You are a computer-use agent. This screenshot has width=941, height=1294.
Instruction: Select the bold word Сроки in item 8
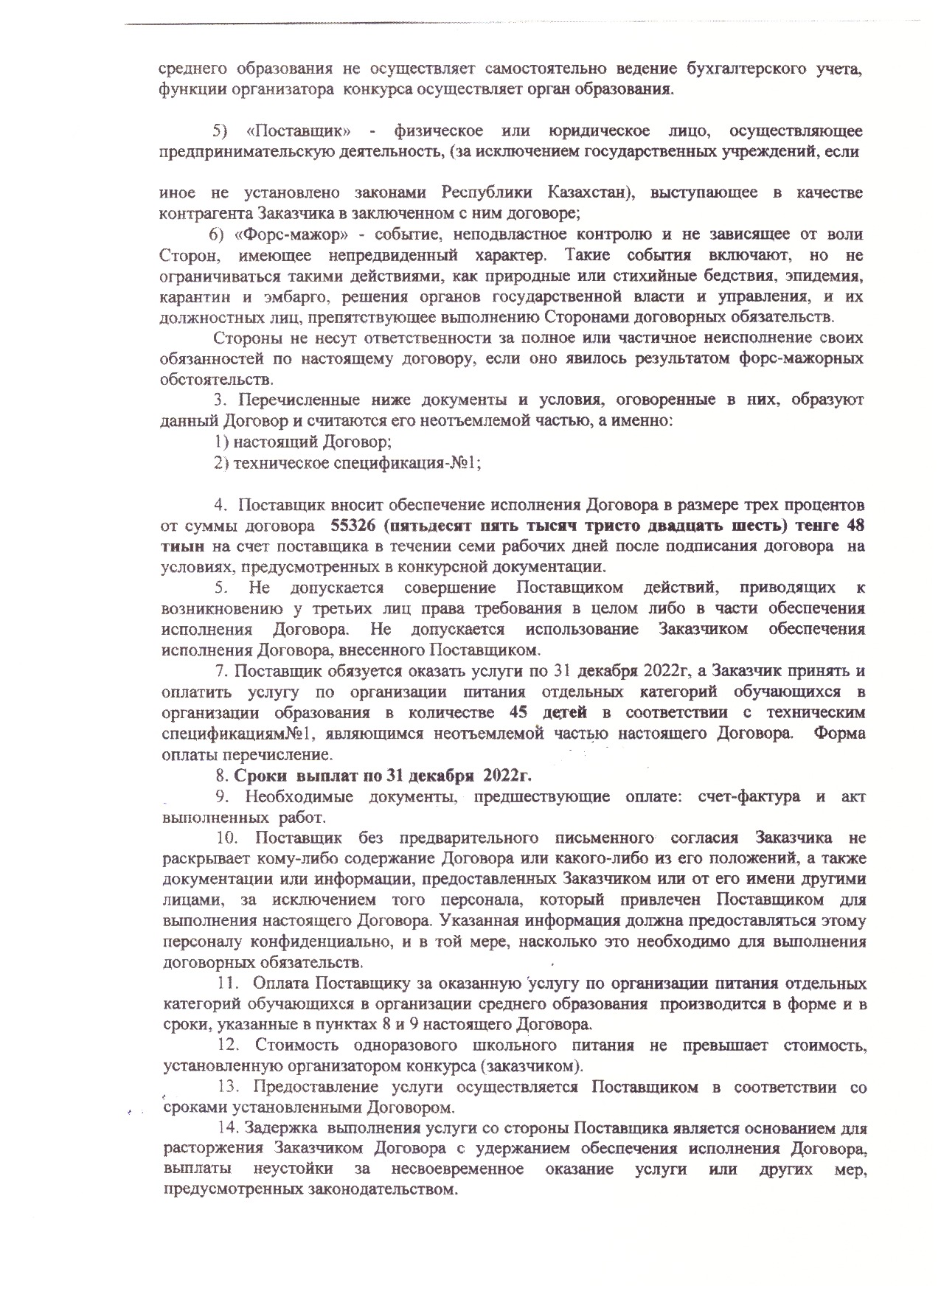(x=261, y=776)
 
